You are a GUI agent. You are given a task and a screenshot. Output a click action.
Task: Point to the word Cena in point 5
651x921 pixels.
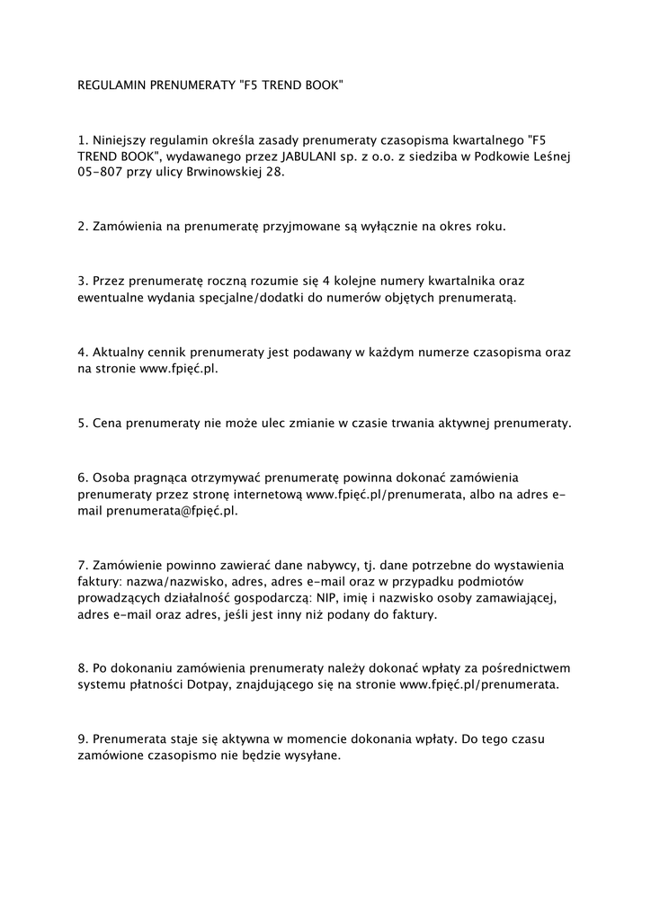107,422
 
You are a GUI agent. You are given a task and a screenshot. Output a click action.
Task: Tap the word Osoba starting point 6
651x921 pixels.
111,477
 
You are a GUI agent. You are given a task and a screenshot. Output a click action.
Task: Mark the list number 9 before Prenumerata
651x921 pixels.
82,739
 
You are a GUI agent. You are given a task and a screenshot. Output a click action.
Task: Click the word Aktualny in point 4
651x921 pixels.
120,351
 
